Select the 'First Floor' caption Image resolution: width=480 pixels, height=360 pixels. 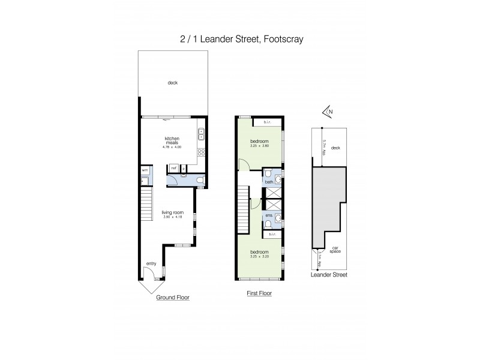(x=260, y=294)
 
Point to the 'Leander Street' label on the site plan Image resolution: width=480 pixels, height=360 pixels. (x=329, y=274)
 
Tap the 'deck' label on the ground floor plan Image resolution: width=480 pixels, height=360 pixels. (x=173, y=83)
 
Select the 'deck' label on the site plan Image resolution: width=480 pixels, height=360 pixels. (x=335, y=147)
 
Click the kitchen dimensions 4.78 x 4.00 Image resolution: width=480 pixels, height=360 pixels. (x=172, y=147)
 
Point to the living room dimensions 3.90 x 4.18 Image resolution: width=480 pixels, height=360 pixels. (x=172, y=217)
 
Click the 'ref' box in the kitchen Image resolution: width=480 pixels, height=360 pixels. (x=173, y=169)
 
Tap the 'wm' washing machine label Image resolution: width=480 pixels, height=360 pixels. (x=145, y=170)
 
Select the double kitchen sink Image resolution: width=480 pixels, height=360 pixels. (x=202, y=133)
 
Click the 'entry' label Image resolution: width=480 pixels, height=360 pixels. (x=151, y=263)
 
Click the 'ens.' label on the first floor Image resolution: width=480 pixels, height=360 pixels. (x=269, y=215)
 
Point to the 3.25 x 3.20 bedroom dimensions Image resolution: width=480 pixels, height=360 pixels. (x=260, y=257)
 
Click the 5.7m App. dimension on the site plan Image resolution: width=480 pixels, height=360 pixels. (x=324, y=148)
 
